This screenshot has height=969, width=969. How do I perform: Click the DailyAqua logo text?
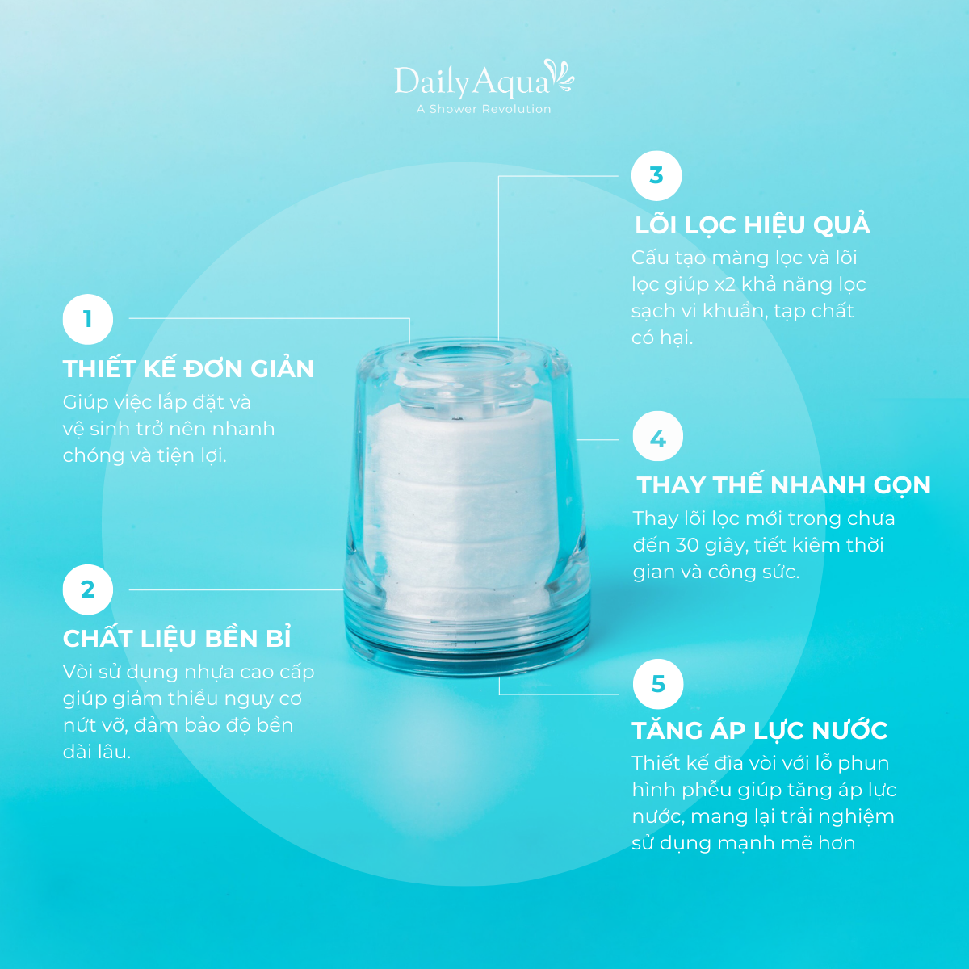point(471,82)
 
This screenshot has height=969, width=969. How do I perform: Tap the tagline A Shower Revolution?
point(484,109)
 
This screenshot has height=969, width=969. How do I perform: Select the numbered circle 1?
point(88,319)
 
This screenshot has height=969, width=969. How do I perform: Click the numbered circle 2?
point(88,589)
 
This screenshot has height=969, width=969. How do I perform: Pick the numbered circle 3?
point(656,175)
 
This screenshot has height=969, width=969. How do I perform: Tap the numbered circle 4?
point(658,436)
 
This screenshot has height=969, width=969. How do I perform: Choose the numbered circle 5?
point(658,684)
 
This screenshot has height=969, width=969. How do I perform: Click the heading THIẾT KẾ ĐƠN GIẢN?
point(189,368)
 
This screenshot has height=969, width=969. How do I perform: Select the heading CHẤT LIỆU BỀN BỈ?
point(177,638)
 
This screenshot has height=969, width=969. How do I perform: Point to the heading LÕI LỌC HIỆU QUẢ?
point(753,224)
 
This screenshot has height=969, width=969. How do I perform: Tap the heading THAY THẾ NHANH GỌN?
point(783,485)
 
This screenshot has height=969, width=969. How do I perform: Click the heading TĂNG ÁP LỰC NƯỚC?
point(760,730)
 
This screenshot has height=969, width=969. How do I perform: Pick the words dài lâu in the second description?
point(97,752)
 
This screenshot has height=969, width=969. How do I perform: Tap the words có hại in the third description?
point(662,338)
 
